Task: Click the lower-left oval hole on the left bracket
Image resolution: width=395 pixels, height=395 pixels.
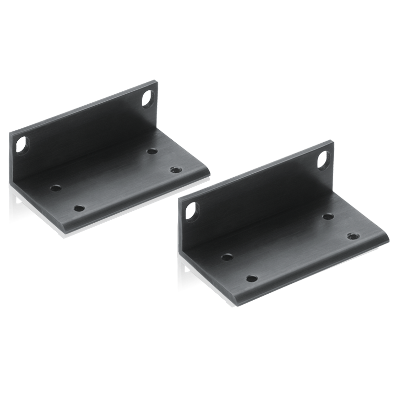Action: (x=21, y=145)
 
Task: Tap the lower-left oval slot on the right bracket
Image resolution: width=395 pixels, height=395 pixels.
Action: (x=189, y=211)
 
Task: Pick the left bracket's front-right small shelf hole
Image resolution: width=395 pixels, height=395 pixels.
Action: (x=174, y=169)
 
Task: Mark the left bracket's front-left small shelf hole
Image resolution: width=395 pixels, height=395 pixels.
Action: (x=78, y=208)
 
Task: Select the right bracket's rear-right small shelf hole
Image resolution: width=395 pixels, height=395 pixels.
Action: (x=327, y=216)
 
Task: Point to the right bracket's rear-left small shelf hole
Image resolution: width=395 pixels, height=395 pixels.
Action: (x=227, y=256)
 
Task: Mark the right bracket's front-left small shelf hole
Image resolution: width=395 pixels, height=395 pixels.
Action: (x=252, y=279)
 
